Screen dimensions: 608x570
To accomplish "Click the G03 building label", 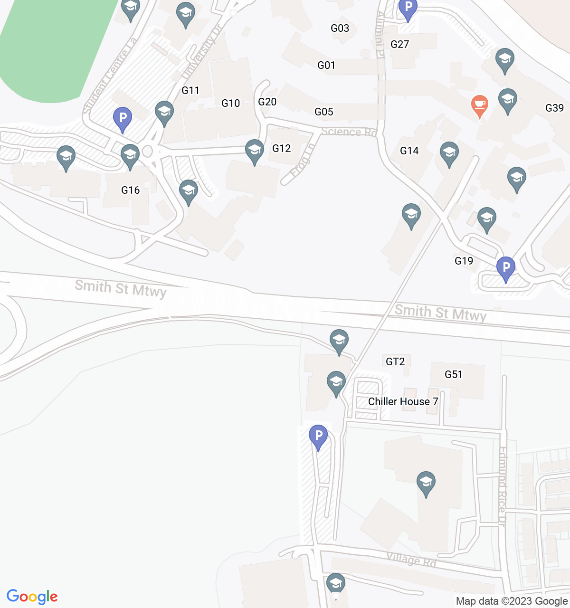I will pos(340,28).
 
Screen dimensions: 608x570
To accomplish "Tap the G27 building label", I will pos(399,44).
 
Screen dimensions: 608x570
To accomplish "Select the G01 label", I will pos(326,65).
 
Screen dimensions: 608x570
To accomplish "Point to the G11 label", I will pos(190,90).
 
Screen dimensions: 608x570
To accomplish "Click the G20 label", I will pos(267,102).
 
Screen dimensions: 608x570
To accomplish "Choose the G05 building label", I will pos(324,112).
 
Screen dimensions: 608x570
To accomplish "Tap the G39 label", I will pos(554,108).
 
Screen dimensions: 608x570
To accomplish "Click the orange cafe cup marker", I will pos(480,105).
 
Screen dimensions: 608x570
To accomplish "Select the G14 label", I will pos(409,151).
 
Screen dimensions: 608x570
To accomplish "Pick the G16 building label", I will pos(131,190).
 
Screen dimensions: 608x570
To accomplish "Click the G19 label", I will pos(464,261).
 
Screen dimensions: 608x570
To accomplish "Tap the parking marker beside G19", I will pos(505,269).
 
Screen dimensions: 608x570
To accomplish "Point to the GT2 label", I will pos(395,361).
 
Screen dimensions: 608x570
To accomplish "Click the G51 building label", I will pos(453,374).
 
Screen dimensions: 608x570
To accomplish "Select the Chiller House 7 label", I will pos(403,401).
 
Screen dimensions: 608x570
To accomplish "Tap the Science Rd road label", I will pos(349,132).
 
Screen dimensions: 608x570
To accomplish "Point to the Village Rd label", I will pos(411,560).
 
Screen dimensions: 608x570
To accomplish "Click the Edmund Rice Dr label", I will pos(502,486).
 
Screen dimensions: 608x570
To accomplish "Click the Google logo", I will pos(32,597).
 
